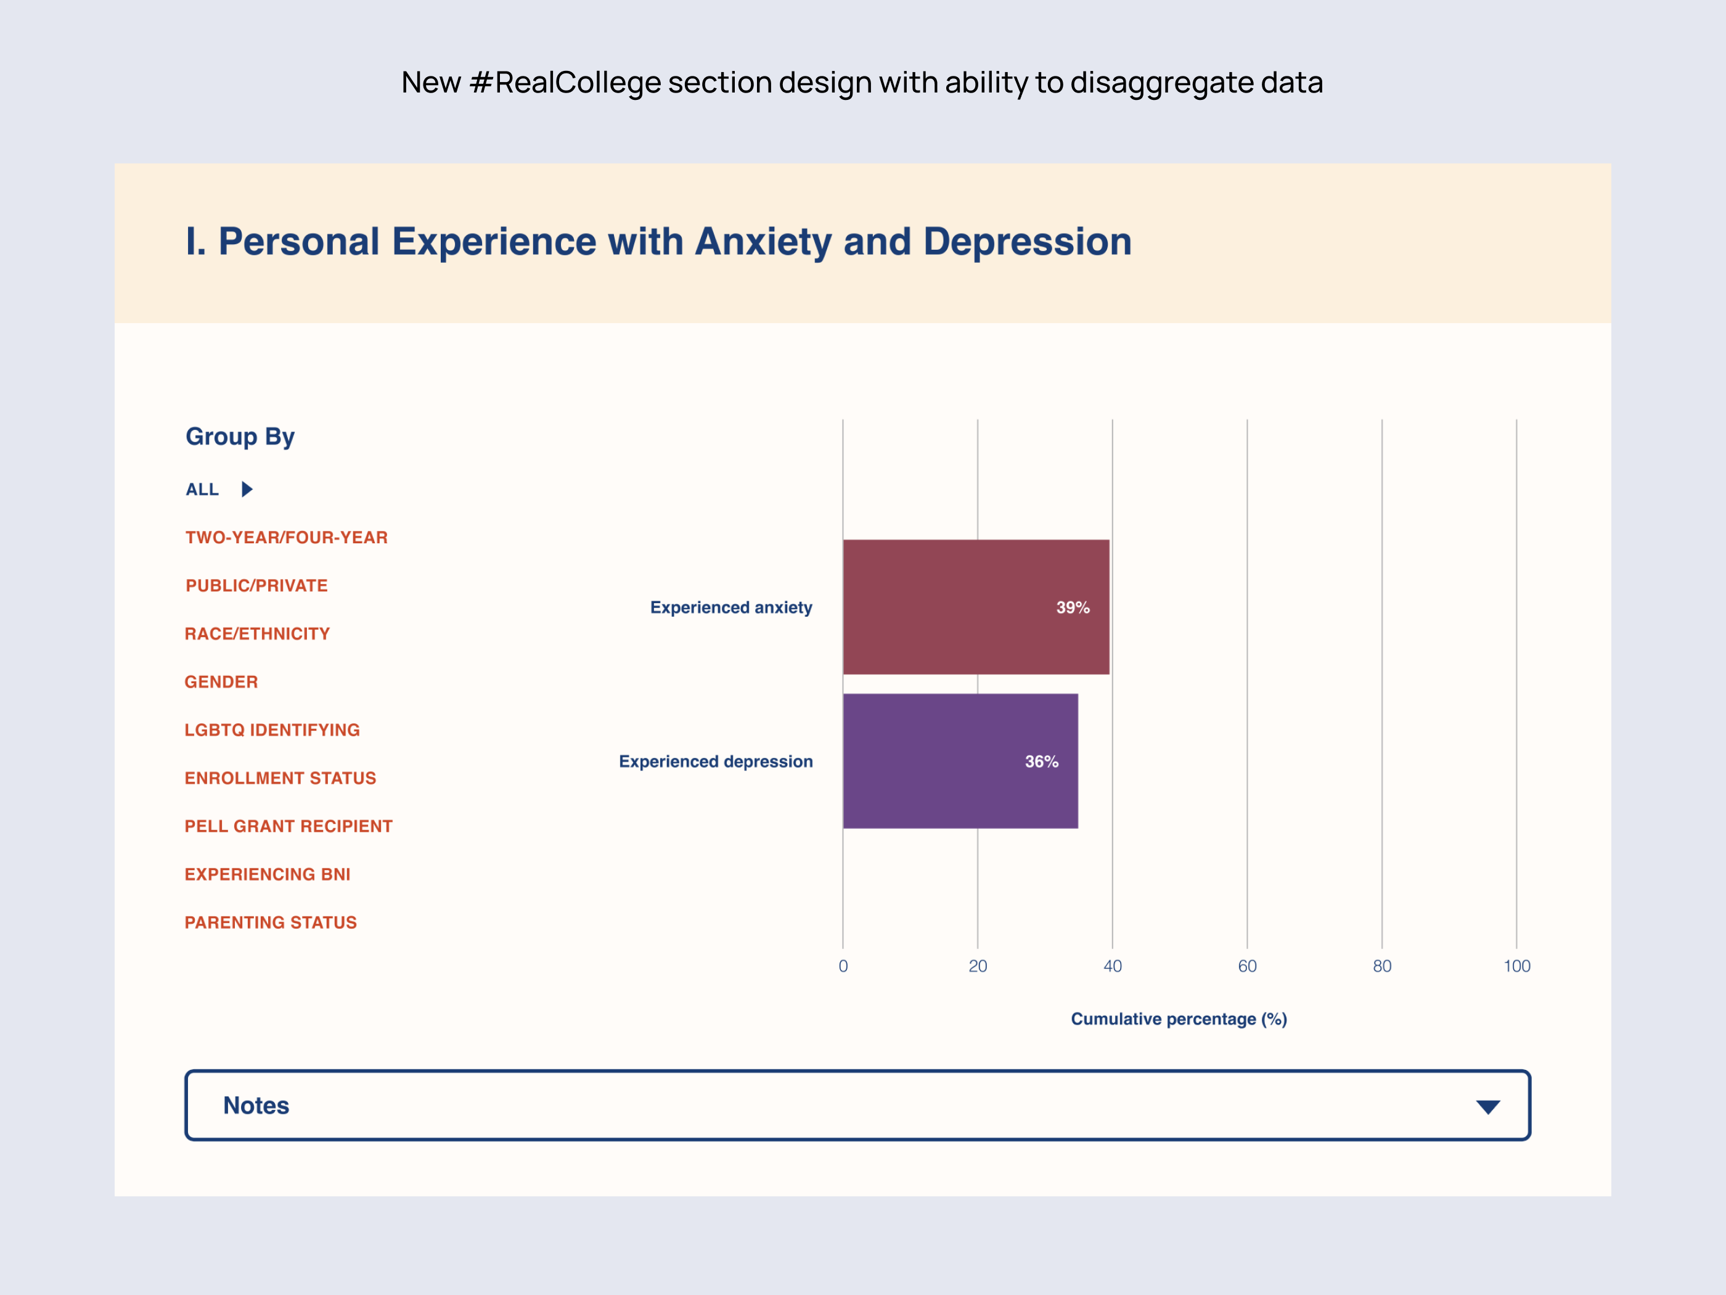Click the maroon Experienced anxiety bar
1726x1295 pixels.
(x=975, y=607)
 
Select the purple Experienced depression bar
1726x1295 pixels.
(x=960, y=761)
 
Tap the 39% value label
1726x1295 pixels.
(x=1072, y=607)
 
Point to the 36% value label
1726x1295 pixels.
(x=1041, y=761)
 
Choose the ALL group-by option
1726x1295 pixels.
(x=202, y=490)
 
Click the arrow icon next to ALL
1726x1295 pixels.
(x=247, y=490)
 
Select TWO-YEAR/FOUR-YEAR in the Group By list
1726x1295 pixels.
(x=287, y=538)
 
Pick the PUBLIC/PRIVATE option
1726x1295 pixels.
(x=256, y=585)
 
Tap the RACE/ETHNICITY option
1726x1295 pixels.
(x=256, y=634)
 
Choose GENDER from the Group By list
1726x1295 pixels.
(x=221, y=682)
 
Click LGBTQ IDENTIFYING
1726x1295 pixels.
(x=272, y=730)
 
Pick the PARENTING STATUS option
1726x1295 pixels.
(x=270, y=923)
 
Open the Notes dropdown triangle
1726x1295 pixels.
(x=1487, y=1107)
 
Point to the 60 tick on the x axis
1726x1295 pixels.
(x=1247, y=966)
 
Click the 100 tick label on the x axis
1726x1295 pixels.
(x=1516, y=966)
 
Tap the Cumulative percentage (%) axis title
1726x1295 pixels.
(x=1178, y=1019)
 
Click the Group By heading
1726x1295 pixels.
(x=240, y=437)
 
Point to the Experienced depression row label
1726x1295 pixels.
(x=716, y=761)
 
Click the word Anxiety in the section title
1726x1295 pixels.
(x=763, y=242)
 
